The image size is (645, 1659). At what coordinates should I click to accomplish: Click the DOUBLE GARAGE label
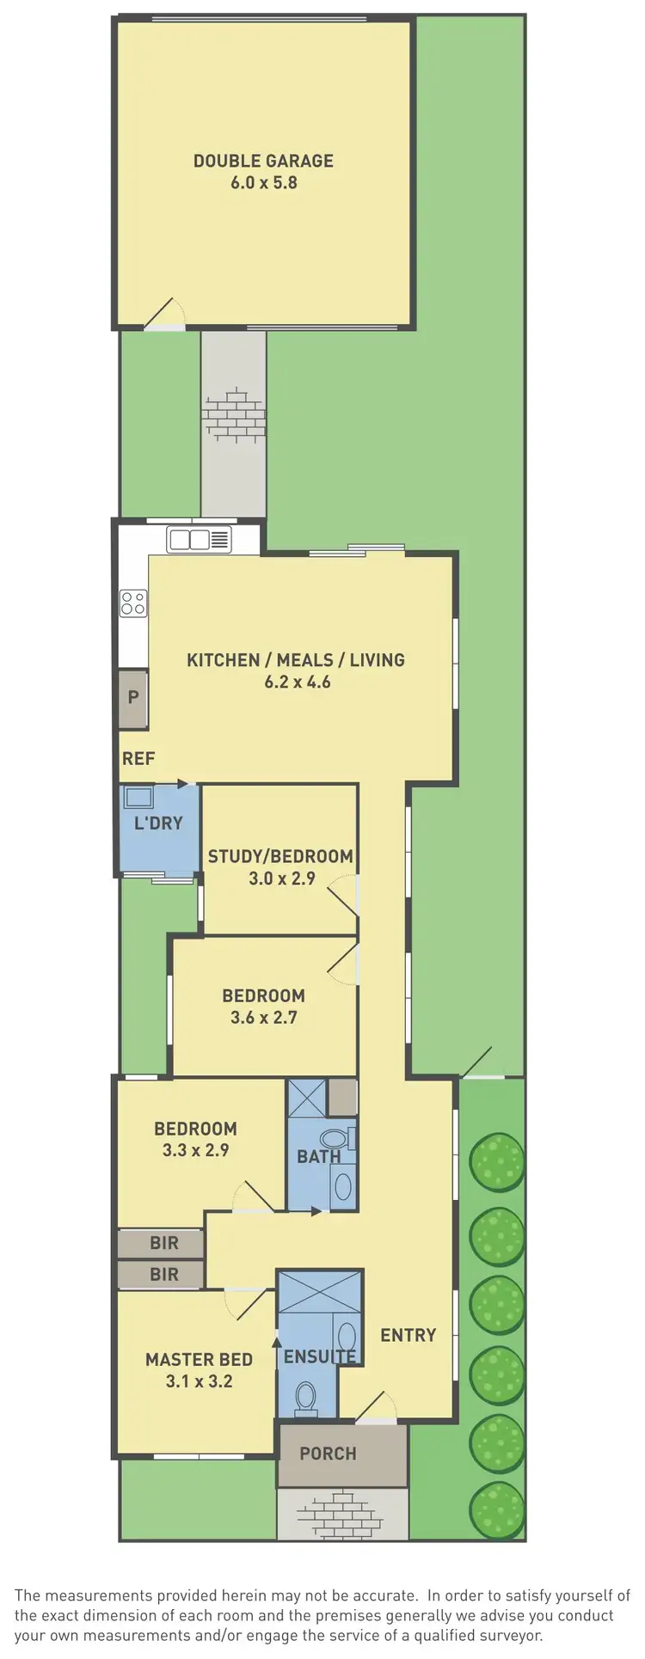click(263, 161)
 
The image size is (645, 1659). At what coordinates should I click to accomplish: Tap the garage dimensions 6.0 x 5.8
click(263, 182)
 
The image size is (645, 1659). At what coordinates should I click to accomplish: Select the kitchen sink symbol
click(200, 540)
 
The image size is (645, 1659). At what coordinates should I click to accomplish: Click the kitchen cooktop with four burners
click(133, 603)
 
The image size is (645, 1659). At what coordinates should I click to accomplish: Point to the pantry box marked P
click(133, 697)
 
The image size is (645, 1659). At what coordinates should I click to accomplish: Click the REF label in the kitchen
click(138, 758)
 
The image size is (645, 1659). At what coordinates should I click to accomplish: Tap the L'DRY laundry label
click(158, 823)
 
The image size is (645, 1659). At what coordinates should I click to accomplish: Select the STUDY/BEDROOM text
click(280, 856)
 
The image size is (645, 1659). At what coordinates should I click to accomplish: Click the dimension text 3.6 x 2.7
click(263, 1018)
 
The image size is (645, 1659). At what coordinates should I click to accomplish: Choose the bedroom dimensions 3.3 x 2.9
click(195, 1150)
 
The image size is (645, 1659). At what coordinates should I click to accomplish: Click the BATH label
click(318, 1156)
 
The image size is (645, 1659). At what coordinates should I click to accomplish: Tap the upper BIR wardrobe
click(163, 1242)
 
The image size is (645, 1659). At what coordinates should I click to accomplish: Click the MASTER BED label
click(199, 1359)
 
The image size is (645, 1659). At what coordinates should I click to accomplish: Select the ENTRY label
click(408, 1335)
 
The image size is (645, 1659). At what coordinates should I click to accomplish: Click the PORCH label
click(328, 1454)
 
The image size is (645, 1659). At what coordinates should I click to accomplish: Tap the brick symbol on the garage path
click(233, 415)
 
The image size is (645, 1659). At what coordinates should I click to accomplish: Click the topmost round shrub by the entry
click(496, 1161)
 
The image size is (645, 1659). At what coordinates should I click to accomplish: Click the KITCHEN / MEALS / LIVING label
click(296, 660)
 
